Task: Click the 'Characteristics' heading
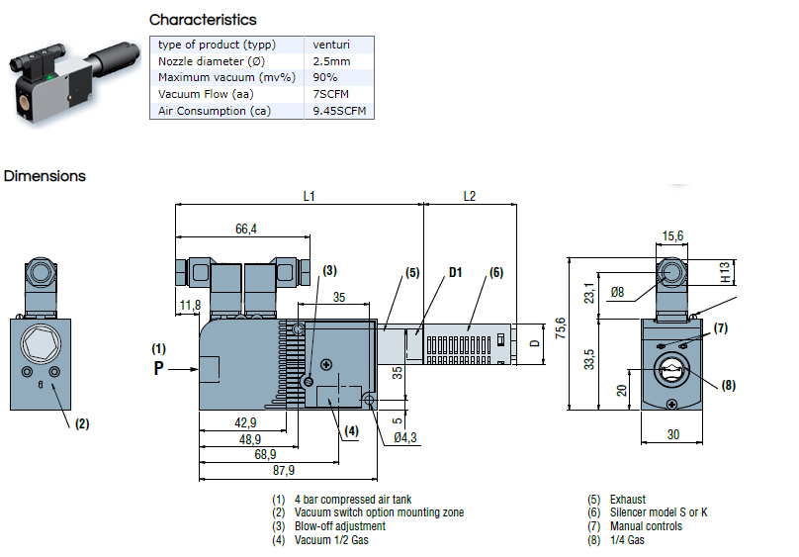tap(203, 20)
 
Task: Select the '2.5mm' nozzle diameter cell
tap(331, 61)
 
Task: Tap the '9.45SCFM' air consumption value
tap(339, 111)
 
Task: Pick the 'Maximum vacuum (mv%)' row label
tap(226, 77)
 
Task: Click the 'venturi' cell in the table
tap(331, 45)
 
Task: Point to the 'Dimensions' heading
tap(44, 176)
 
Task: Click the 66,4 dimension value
tap(246, 229)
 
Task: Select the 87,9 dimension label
tap(284, 470)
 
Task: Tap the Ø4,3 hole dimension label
tap(405, 437)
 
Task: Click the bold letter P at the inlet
tap(158, 368)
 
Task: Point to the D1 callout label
tap(455, 273)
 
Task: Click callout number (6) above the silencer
tap(496, 273)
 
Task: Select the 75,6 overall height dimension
tap(561, 328)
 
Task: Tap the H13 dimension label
tap(725, 273)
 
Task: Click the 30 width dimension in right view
tap(673, 434)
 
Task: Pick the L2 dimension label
tap(470, 196)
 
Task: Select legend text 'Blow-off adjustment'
tap(340, 526)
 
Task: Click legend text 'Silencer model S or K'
tap(659, 512)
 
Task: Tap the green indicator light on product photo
tap(49, 77)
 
